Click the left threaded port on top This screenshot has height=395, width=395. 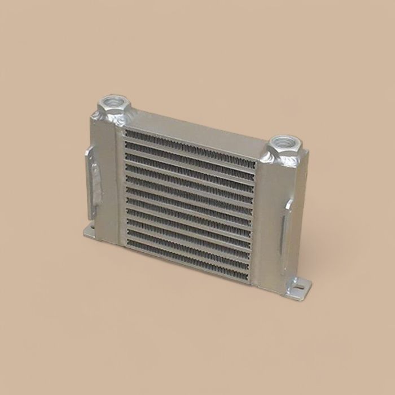[114, 106]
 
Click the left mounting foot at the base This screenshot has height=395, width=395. [90, 232]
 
